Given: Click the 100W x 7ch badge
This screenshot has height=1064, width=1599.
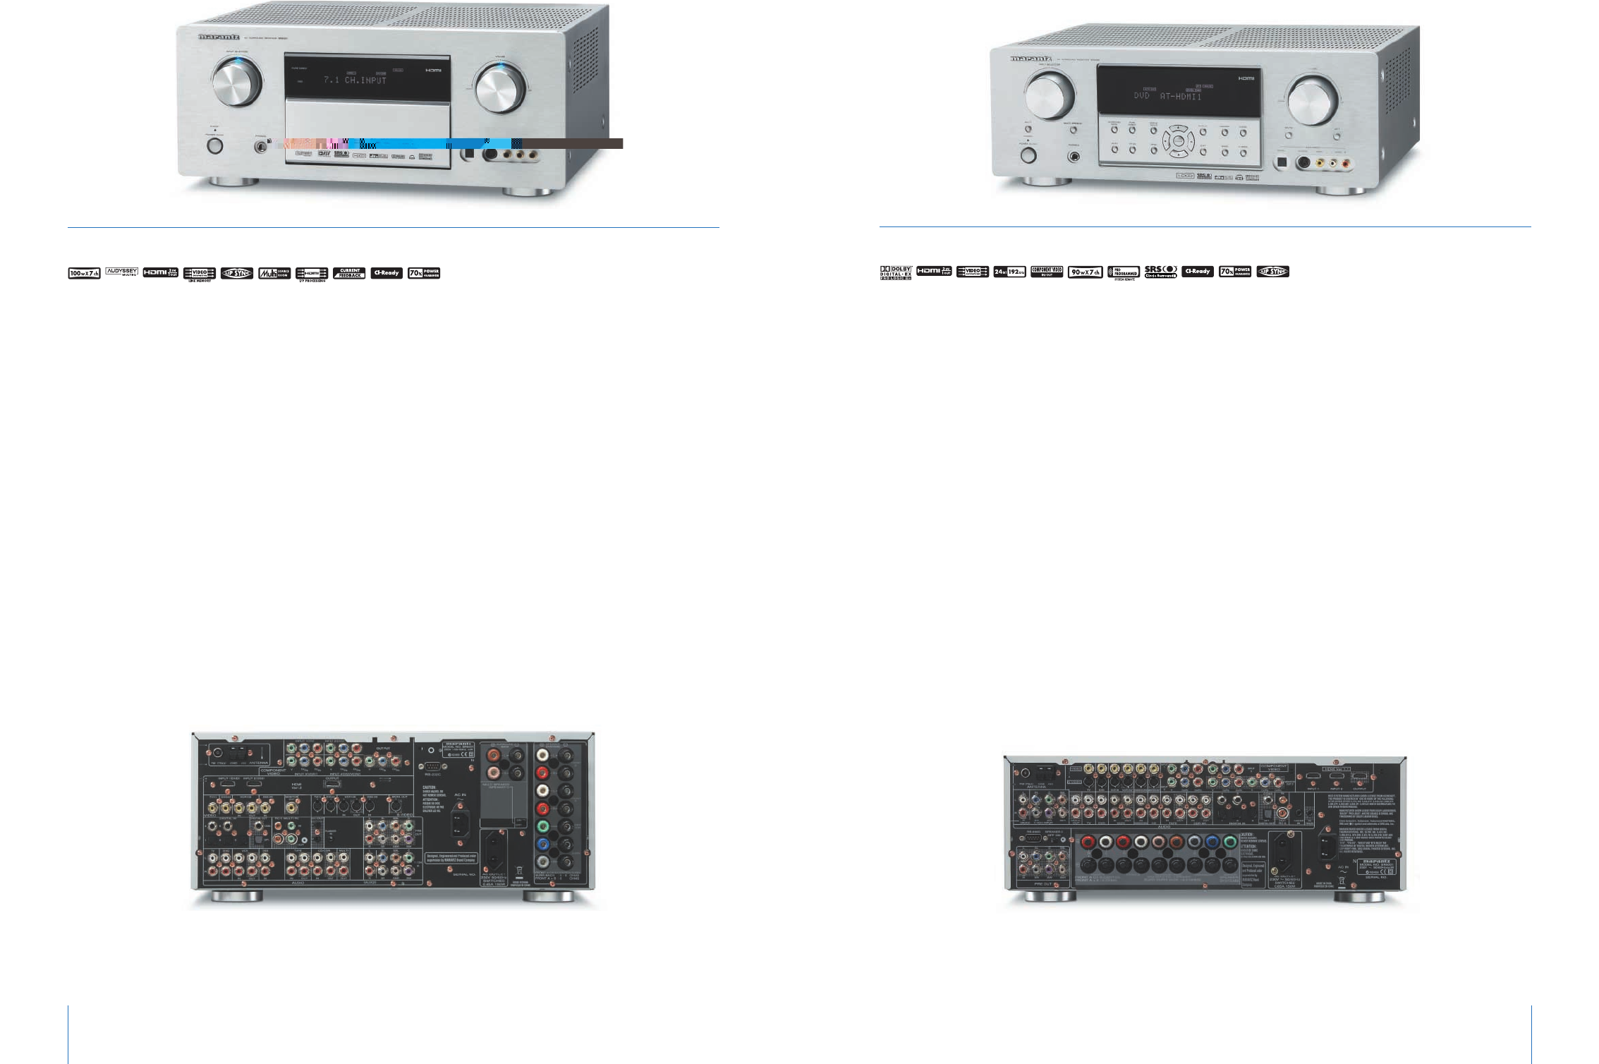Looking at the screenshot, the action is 84,273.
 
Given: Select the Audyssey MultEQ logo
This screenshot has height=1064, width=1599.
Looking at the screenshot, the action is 122,272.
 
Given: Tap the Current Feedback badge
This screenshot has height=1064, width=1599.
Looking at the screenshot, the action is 349,273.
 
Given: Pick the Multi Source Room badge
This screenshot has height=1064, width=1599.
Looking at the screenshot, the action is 274,273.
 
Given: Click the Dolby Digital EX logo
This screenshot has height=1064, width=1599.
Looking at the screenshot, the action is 895,272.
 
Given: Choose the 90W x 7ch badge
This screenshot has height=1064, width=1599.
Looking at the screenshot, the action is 1085,272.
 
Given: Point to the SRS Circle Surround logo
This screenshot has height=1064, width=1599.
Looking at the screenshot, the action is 1160,272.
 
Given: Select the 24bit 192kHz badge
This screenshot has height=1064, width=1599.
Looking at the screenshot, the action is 1009,272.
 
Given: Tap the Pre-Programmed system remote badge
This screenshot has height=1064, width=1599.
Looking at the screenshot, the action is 1123,272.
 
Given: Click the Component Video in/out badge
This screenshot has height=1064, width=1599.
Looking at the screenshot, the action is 1047,272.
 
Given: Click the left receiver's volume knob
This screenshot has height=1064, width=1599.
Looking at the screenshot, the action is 500,88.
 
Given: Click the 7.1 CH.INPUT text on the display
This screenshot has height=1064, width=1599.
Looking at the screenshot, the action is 355,80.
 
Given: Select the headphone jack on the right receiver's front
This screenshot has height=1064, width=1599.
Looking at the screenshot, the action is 1074,157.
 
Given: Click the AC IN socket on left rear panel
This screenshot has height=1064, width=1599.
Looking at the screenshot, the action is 460,823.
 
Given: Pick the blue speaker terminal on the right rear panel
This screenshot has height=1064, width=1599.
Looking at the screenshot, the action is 1212,842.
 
